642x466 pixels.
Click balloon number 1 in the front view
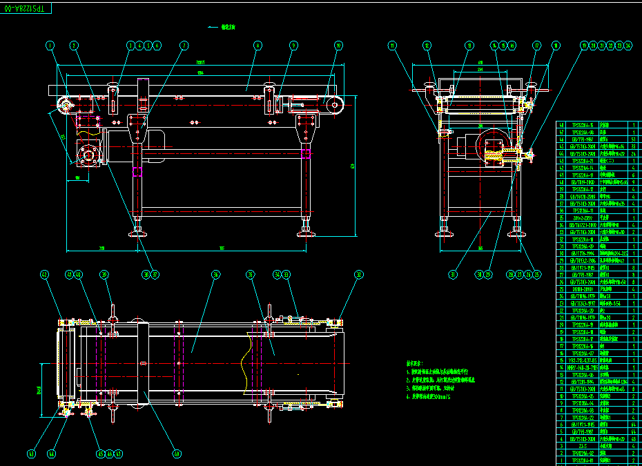pyautogui.click(x=50, y=46)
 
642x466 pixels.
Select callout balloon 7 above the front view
pyautogui.click(x=184, y=46)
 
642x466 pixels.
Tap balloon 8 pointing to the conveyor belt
pyautogui.click(x=257, y=46)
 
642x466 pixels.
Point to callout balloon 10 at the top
pyautogui.click(x=338, y=46)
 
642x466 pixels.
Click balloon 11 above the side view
pyautogui.click(x=393, y=46)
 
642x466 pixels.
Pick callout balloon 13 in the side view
pyautogui.click(x=469, y=46)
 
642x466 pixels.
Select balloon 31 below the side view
pyautogui.click(x=453, y=275)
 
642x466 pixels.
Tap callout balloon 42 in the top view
pyautogui.click(x=46, y=275)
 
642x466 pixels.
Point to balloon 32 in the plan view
pyautogui.click(x=358, y=275)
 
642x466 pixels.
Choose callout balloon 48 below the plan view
pyautogui.click(x=177, y=454)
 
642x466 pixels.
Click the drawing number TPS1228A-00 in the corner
pyautogui.click(x=26, y=8)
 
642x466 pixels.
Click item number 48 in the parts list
pyautogui.click(x=561, y=125)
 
